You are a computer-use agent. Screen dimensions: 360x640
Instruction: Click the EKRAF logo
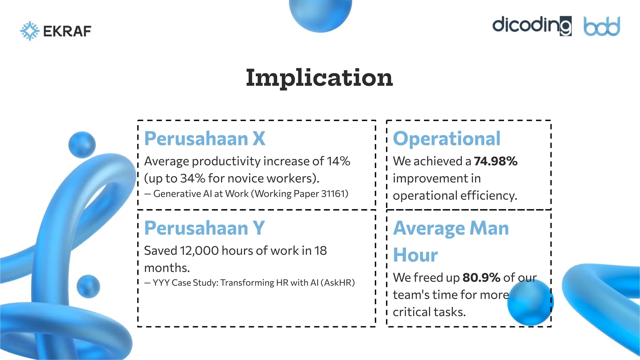point(56,31)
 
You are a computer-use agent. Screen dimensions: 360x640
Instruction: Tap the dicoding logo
point(532,26)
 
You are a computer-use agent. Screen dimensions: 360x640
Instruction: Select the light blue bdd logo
point(602,27)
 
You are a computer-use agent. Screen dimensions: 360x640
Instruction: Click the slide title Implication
point(319,78)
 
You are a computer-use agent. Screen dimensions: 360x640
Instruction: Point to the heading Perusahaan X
point(205,138)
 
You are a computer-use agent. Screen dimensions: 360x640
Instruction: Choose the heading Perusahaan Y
point(204,228)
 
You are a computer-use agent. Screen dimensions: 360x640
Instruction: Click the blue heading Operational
point(447,138)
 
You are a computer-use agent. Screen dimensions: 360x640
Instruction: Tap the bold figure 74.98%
point(496,161)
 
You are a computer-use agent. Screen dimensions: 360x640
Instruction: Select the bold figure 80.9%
point(481,277)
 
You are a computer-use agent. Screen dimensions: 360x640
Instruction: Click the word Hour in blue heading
point(415,255)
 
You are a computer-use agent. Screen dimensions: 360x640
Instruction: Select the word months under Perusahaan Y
point(167,268)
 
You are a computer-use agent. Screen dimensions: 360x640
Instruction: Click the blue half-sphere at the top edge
point(320,14)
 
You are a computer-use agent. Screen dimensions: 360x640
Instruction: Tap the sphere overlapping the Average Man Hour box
point(530,302)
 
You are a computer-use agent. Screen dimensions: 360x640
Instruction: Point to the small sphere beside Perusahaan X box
point(82,145)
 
